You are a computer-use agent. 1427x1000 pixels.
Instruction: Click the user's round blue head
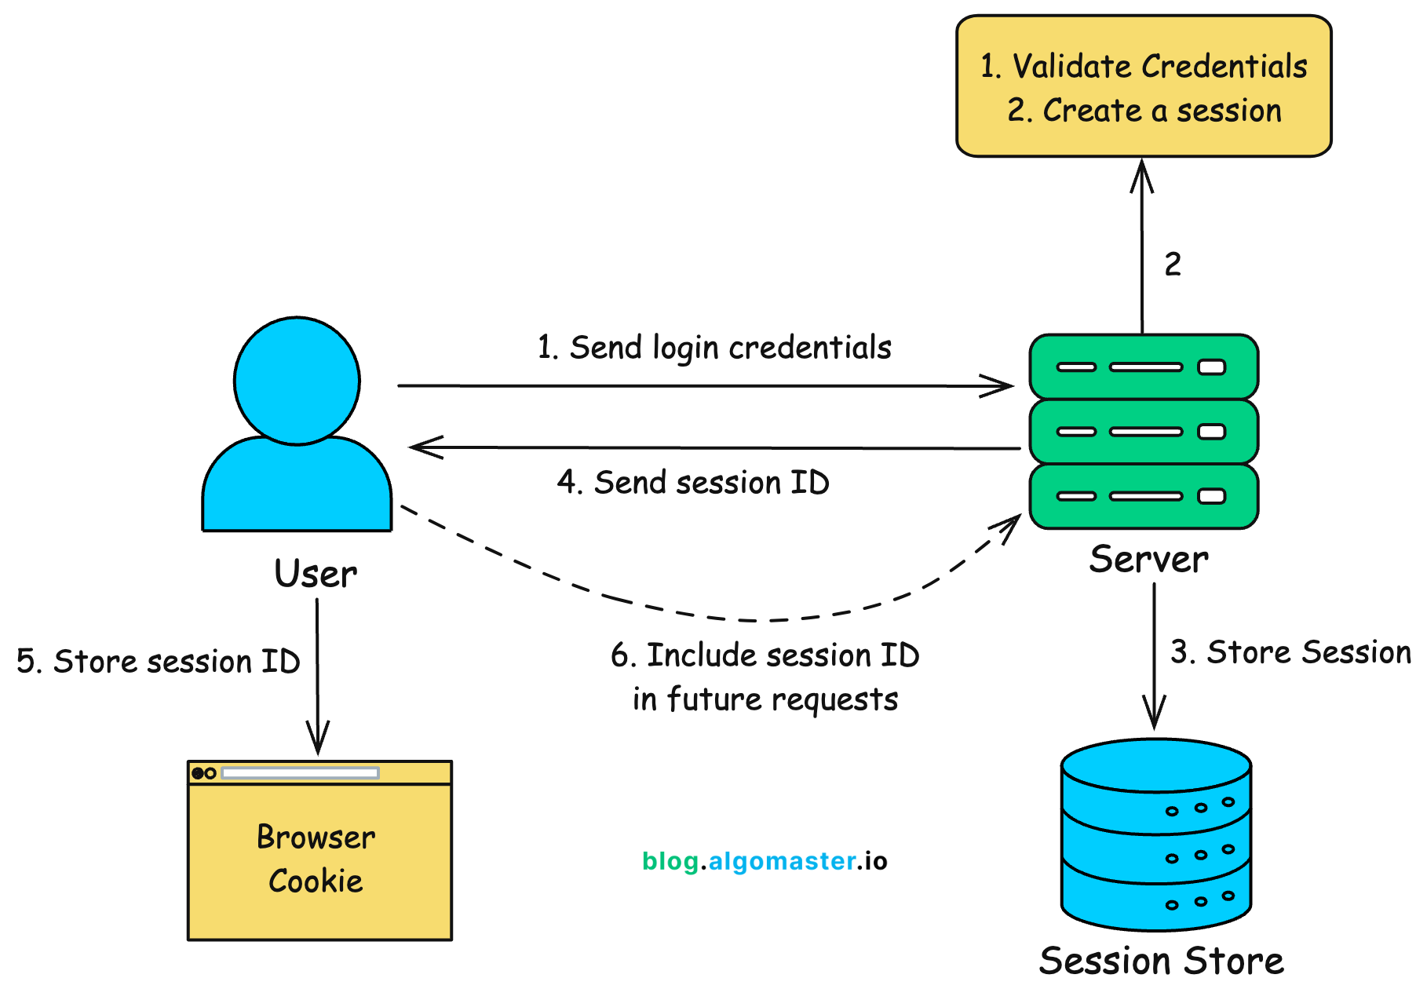click(x=297, y=381)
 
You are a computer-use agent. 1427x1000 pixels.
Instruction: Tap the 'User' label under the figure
click(x=316, y=574)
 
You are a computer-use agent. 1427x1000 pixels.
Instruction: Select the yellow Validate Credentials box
click(x=1143, y=86)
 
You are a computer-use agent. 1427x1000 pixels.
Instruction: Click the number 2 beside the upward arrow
click(x=1173, y=265)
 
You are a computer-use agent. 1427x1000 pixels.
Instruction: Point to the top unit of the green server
click(x=1143, y=367)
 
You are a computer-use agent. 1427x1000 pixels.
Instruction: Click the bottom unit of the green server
click(x=1143, y=496)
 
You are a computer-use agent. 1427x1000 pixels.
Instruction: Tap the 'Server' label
click(x=1148, y=560)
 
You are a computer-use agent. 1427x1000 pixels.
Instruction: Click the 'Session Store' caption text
click(x=1161, y=961)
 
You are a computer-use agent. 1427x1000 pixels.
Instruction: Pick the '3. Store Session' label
click(x=1290, y=652)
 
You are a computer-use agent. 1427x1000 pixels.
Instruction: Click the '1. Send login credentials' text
click(x=714, y=348)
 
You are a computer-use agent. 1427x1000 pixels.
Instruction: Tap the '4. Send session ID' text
click(x=693, y=483)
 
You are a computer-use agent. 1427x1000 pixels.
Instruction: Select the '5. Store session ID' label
click(x=159, y=662)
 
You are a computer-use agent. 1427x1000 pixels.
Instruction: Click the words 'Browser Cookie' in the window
click(x=316, y=859)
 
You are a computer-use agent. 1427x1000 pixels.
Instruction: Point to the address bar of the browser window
click(x=300, y=773)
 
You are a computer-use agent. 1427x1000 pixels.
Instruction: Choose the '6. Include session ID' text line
click(x=765, y=655)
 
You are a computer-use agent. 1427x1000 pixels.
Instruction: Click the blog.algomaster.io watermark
click(x=765, y=861)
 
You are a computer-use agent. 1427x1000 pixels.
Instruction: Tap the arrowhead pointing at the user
click(x=422, y=447)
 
